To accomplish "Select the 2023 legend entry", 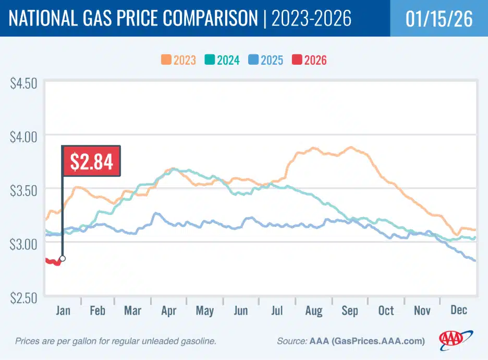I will pyautogui.click(x=178, y=60).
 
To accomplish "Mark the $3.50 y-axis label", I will pyautogui.click(x=23, y=190).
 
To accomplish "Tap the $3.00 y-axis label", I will pyautogui.click(x=23, y=244).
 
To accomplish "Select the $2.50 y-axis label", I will pyautogui.click(x=23, y=297).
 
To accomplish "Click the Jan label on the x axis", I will pyautogui.click(x=63, y=311).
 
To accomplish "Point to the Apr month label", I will pyautogui.click(x=168, y=311).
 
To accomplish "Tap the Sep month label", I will pyautogui.click(x=349, y=311).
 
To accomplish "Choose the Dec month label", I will pyautogui.click(x=458, y=311).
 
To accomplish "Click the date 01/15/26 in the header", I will pyautogui.click(x=438, y=19).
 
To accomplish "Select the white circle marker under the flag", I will pyautogui.click(x=63, y=258).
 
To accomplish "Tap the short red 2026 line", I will pyautogui.click(x=53, y=261).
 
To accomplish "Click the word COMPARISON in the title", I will pyautogui.click(x=206, y=19).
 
